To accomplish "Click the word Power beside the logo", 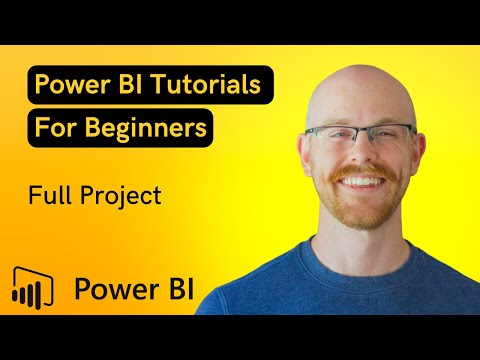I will [111, 289].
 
